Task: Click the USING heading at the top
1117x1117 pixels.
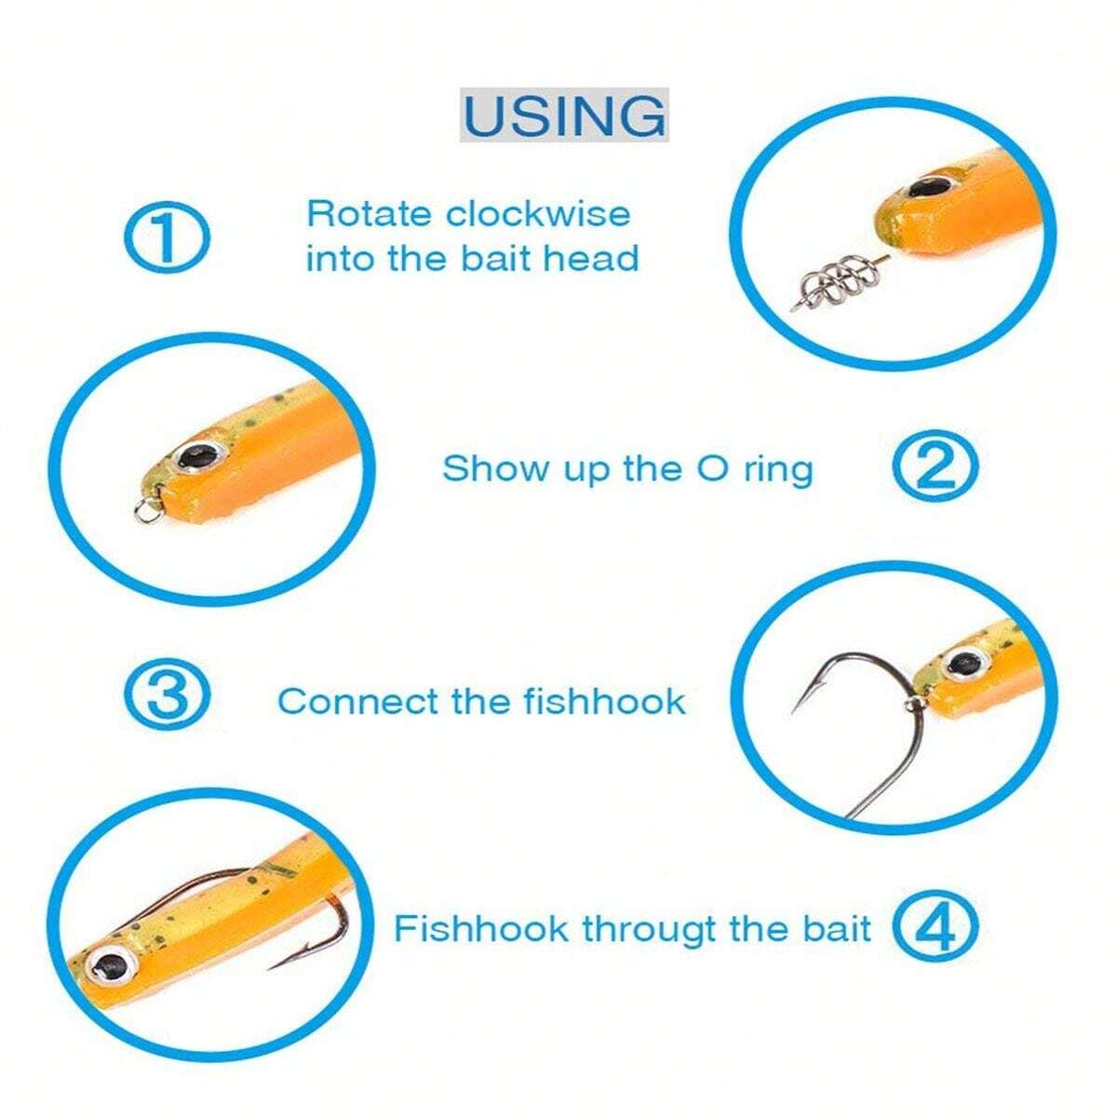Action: (564, 115)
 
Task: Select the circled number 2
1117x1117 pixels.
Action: (935, 468)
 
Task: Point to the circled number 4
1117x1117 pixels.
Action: (935, 928)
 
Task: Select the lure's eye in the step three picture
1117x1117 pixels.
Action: (964, 664)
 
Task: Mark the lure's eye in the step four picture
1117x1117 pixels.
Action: (110, 964)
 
